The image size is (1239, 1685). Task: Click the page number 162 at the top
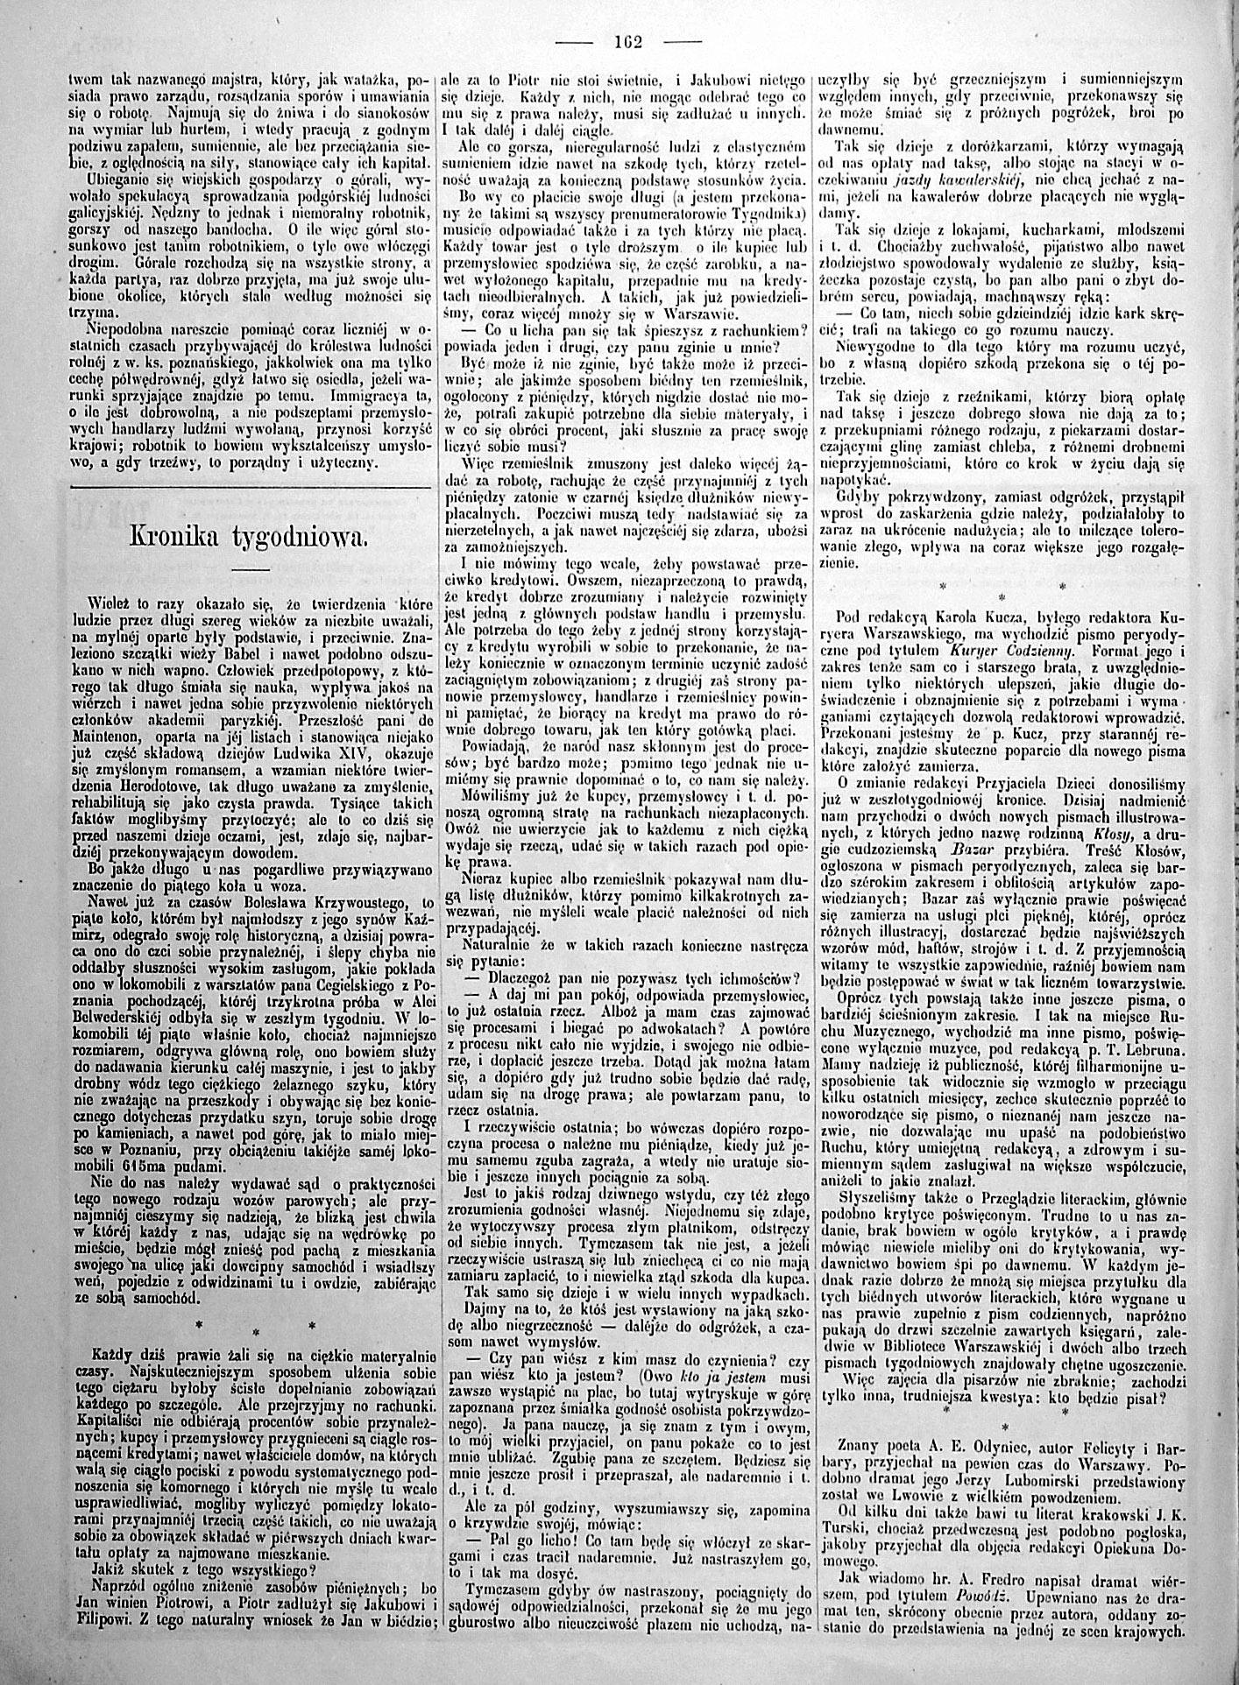coord(629,40)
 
